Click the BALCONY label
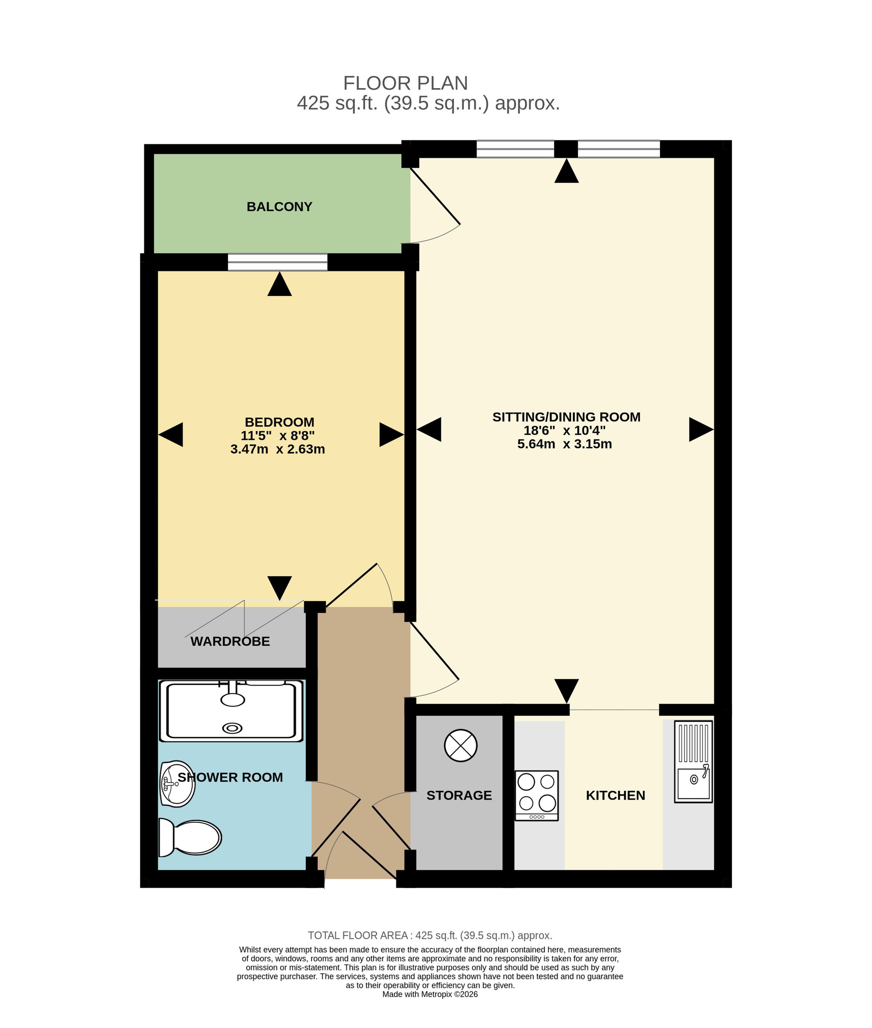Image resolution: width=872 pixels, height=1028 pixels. click(x=279, y=207)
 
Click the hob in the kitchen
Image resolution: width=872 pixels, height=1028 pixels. click(x=536, y=796)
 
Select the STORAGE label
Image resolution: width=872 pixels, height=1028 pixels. click(x=459, y=795)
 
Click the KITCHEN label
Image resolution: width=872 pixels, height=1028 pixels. click(x=616, y=795)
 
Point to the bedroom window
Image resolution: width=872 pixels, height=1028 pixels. click(x=278, y=262)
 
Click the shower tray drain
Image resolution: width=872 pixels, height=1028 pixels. click(x=232, y=728)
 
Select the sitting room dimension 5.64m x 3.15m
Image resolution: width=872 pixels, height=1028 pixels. click(x=565, y=444)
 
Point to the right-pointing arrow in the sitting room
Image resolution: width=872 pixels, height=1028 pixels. click(x=702, y=429)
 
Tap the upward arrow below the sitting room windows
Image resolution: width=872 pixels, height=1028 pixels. click(x=566, y=171)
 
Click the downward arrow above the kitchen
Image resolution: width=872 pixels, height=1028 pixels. click(x=566, y=691)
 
